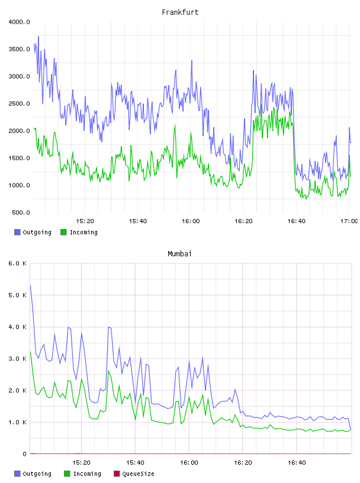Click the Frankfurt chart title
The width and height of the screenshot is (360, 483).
pyautogui.click(x=180, y=12)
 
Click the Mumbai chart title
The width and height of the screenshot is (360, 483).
pyautogui.click(x=179, y=254)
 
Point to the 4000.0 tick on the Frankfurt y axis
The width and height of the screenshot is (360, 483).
pyautogui.click(x=19, y=22)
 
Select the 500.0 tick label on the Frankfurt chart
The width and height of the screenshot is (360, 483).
pyautogui.click(x=21, y=212)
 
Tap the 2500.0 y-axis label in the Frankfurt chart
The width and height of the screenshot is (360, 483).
pyautogui.click(x=19, y=104)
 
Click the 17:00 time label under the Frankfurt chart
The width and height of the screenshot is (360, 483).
pyautogui.click(x=349, y=221)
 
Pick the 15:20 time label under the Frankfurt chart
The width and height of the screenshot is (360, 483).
pyautogui.click(x=85, y=221)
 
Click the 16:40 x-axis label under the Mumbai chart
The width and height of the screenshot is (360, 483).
pyautogui.click(x=297, y=463)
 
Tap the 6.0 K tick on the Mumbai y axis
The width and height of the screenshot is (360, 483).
pyautogui.click(x=17, y=263)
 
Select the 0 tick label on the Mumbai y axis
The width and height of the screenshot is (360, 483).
pyautogui.click(x=24, y=454)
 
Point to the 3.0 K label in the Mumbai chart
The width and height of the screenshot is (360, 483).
pyautogui.click(x=17, y=359)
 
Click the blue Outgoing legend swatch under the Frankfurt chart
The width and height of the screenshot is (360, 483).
pyautogui.click(x=17, y=232)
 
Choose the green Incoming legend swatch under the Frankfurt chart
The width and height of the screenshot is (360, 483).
pyautogui.click(x=63, y=232)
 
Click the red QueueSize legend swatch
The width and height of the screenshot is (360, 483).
pyautogui.click(x=117, y=474)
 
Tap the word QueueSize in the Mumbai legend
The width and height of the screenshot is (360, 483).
pyautogui.click(x=138, y=474)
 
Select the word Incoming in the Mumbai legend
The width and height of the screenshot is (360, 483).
pyautogui.click(x=87, y=474)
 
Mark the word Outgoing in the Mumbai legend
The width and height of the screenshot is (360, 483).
pyautogui.click(x=37, y=474)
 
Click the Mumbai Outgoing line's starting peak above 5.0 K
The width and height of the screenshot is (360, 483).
pyautogui.click(x=30, y=286)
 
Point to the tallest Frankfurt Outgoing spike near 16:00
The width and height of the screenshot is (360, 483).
pyautogui.click(x=192, y=60)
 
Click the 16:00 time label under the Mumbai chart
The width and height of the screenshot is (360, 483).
pyautogui.click(x=189, y=463)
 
